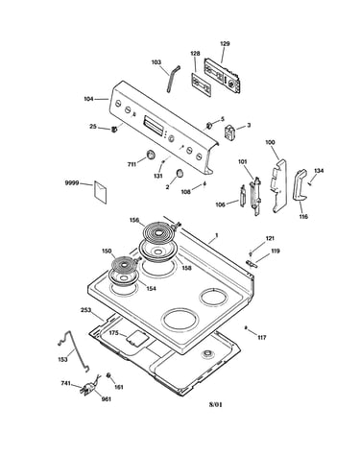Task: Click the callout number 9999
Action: pos(72,183)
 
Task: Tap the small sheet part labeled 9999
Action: pos(101,192)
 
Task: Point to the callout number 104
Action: pos(88,99)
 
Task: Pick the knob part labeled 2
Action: pos(180,173)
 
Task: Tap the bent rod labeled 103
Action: pos(173,79)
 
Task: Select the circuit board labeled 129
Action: pos(223,75)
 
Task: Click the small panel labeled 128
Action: pos(202,84)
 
